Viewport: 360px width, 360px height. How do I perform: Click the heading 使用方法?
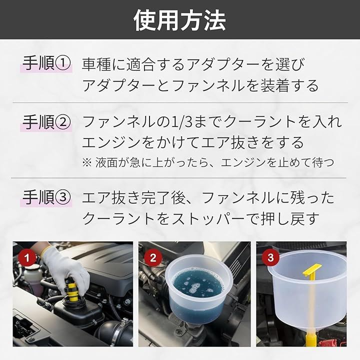[180, 20]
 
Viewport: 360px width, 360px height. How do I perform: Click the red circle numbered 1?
[27, 257]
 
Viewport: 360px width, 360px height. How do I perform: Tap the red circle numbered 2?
[153, 257]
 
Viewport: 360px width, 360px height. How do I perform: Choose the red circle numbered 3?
[270, 257]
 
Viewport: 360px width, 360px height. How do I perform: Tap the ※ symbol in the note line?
[87, 162]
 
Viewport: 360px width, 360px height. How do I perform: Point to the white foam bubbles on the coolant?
[194, 286]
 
